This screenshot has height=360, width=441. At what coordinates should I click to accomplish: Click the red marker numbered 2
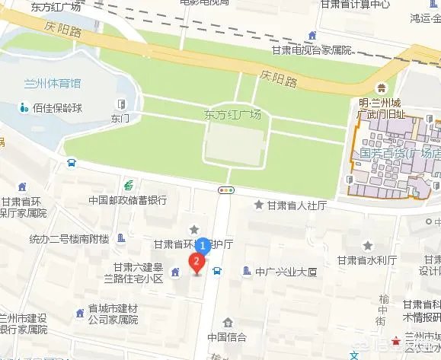coord(197,263)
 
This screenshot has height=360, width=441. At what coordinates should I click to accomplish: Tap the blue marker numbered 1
coord(203,246)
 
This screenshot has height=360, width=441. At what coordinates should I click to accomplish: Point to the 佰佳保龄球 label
coord(56,107)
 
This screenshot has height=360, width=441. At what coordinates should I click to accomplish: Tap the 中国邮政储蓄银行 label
coord(127,201)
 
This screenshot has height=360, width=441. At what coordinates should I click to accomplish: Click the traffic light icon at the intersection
coord(226,188)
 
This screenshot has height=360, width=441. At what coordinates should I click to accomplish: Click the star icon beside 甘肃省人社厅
coord(259,205)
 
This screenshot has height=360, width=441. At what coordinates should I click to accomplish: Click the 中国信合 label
coord(227,337)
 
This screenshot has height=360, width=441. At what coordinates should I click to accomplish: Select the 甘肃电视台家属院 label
coord(312,50)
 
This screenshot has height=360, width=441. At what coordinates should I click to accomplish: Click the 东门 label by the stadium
coord(120,118)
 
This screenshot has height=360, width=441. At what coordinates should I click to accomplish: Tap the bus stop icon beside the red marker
coord(217,270)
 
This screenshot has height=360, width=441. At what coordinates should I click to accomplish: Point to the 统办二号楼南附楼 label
coord(69,239)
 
